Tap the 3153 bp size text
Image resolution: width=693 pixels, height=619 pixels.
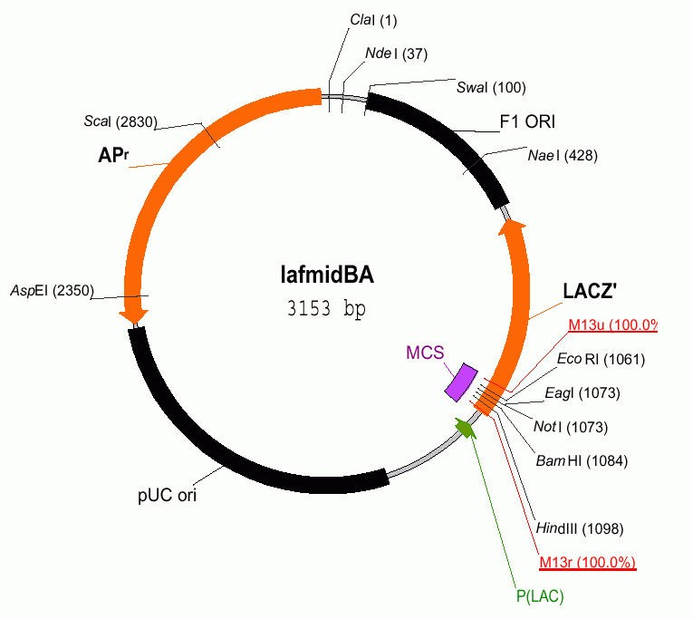325,307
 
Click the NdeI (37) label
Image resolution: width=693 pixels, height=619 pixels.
395,53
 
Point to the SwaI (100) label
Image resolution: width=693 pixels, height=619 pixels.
491,87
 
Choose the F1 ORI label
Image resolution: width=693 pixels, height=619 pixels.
527,121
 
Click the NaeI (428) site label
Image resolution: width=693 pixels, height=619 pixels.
562,155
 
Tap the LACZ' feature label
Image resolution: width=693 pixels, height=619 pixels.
592,293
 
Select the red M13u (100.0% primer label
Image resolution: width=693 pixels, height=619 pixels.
612,324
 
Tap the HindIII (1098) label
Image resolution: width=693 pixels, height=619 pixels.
579,527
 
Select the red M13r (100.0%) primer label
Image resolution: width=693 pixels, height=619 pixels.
587,563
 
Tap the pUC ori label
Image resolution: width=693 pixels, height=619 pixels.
167,496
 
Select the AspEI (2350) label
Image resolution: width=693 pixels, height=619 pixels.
51,290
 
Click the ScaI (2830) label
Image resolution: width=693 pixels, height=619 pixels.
120,121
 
